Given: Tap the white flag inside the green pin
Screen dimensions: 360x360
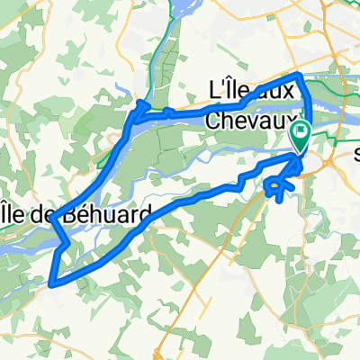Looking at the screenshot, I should pos(300,133).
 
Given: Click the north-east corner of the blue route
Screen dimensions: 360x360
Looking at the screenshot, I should pos(299,73).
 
